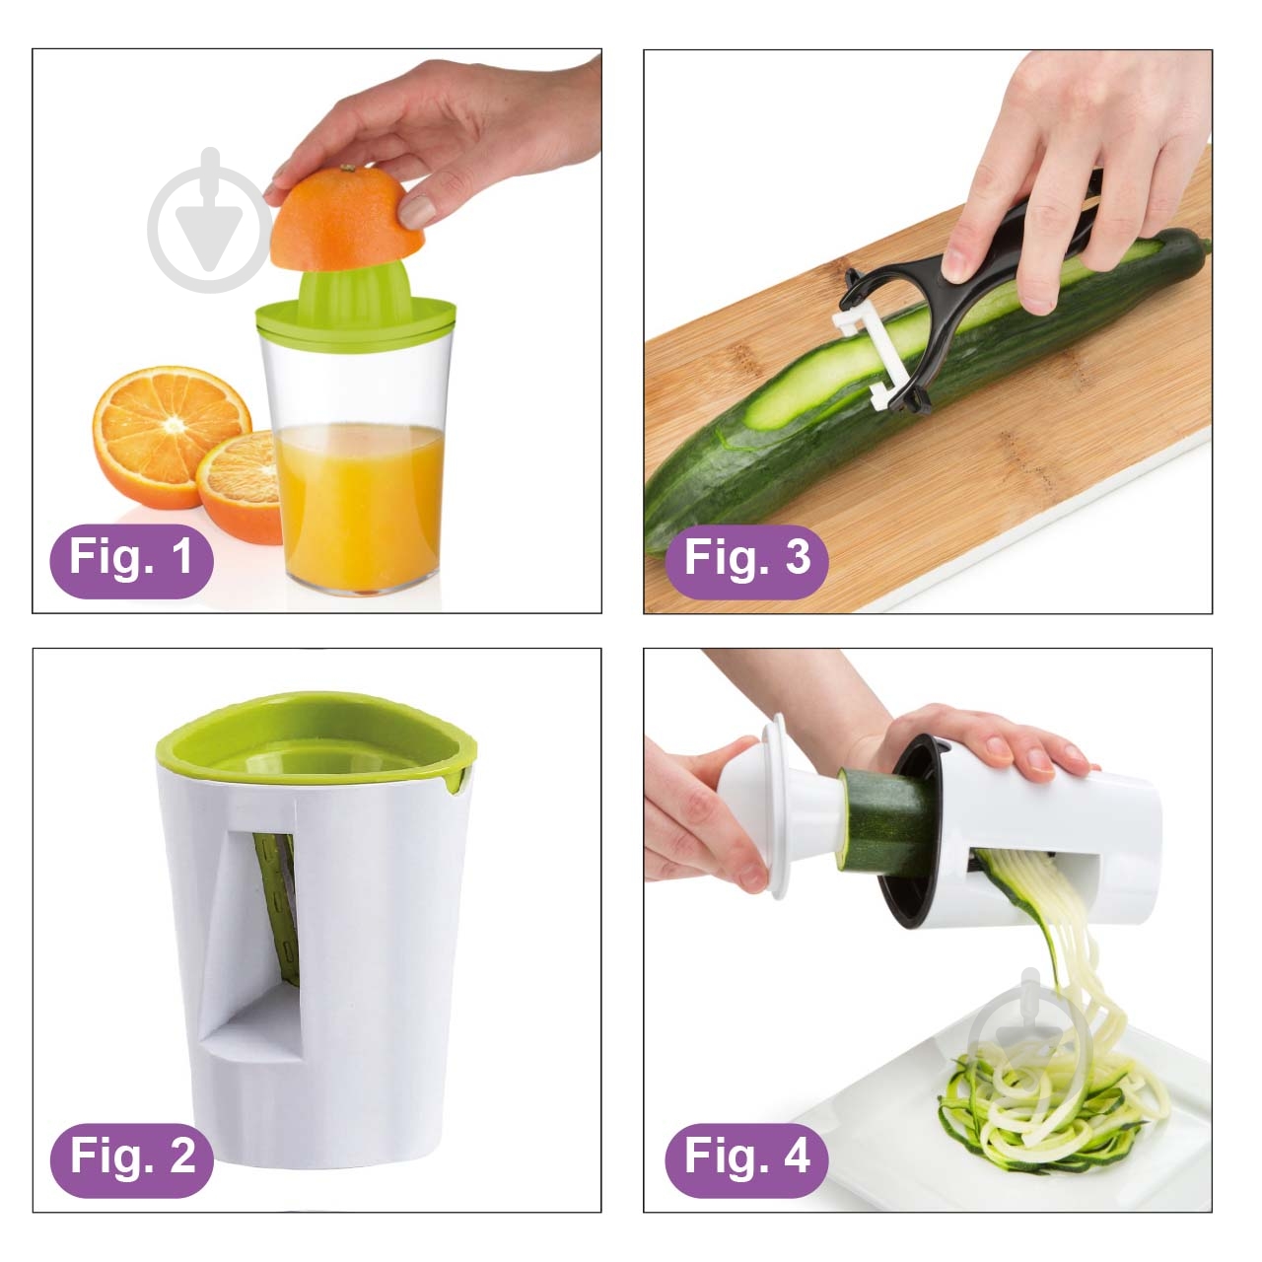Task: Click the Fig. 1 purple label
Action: click(132, 561)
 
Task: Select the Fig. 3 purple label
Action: click(746, 561)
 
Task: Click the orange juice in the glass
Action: click(360, 504)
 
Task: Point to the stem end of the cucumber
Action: click(1204, 245)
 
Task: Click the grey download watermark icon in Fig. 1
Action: click(210, 220)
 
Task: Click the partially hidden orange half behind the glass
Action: click(240, 487)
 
